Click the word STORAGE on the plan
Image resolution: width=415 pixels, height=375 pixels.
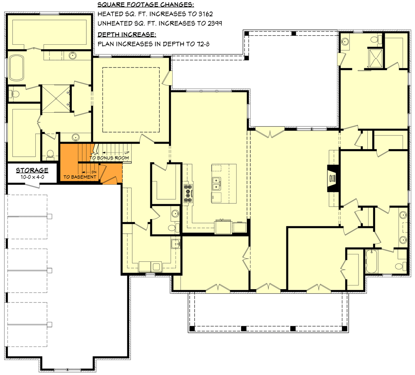pos(32,170)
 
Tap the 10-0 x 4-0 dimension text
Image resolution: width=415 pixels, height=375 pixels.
pos(32,177)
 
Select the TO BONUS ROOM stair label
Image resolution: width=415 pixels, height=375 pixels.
pos(109,158)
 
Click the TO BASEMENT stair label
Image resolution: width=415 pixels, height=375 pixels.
pos(80,177)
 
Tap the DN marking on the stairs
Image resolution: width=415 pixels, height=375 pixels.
pos(94,171)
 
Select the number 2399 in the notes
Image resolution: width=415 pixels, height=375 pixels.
pos(212,23)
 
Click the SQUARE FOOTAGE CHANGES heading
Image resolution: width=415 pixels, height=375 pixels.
pos(145,5)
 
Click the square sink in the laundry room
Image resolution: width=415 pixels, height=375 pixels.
pos(176,243)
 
